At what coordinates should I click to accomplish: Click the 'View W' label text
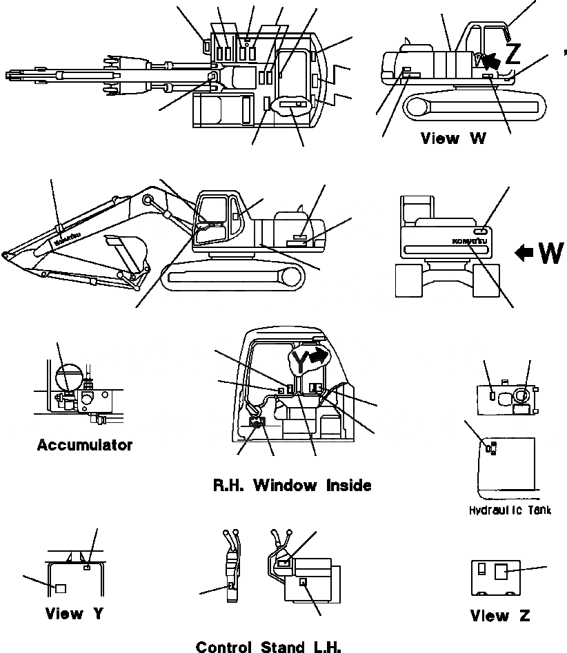click(453, 138)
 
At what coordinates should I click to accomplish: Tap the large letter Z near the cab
click(513, 52)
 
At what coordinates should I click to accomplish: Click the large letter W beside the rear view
click(550, 253)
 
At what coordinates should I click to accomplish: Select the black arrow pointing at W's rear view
click(524, 253)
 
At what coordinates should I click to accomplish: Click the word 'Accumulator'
click(84, 445)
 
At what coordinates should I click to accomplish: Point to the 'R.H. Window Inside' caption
click(292, 486)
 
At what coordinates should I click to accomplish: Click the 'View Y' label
click(74, 613)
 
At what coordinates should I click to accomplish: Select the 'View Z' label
click(500, 616)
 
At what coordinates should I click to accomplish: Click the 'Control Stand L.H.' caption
click(268, 646)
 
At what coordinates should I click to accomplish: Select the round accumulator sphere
click(68, 377)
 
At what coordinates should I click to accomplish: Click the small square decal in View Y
click(60, 588)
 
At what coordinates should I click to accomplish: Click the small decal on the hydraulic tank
click(491, 448)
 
